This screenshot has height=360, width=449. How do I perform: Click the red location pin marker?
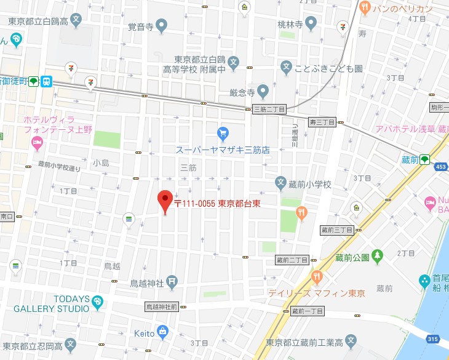tap(164, 201)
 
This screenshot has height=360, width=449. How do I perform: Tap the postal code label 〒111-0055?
tap(194, 204)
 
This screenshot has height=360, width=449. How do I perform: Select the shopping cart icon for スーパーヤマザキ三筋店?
tap(223, 132)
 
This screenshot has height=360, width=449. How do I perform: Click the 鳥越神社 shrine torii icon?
tap(173, 283)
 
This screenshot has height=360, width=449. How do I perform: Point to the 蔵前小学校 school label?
tap(311, 184)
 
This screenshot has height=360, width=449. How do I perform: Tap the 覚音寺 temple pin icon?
tap(162, 26)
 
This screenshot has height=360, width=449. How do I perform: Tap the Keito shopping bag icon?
tap(162, 332)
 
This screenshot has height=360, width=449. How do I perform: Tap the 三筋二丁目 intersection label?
tap(269, 109)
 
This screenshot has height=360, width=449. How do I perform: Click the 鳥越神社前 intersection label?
tap(161, 306)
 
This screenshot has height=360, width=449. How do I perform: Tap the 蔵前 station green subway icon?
tap(424, 159)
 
